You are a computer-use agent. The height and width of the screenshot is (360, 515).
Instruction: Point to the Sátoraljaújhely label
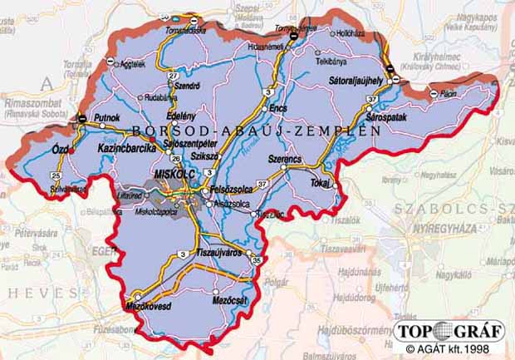(352, 81)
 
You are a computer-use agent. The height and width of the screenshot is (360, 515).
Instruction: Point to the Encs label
(277, 108)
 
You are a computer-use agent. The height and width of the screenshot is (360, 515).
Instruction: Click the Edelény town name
(181, 116)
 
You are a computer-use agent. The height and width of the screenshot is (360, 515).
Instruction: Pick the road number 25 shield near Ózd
(56, 175)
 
